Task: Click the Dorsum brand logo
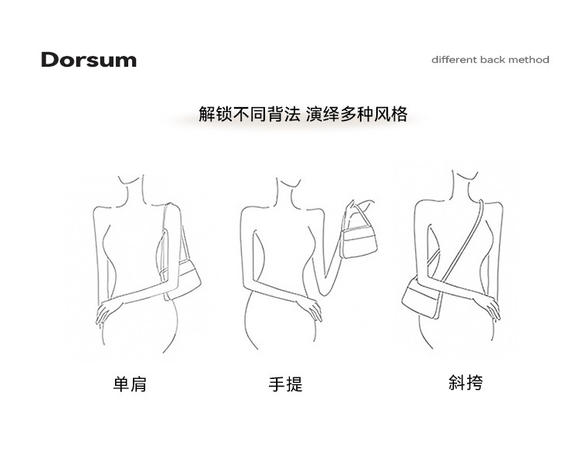[x=89, y=60]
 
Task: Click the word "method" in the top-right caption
[x=529, y=60]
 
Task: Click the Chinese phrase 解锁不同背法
[x=244, y=114]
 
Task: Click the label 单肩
[x=130, y=384]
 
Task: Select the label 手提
[x=285, y=384]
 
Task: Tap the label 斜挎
[x=466, y=382]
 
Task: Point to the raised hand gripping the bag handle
[x=355, y=208]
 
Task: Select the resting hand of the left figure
[x=106, y=312]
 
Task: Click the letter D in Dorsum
[x=51, y=60]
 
